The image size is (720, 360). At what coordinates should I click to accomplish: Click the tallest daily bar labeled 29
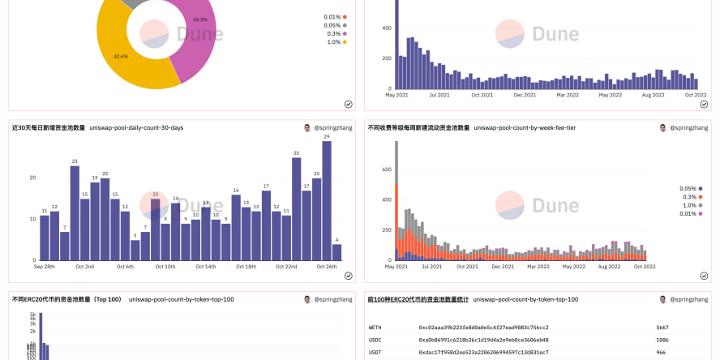tap(327, 201)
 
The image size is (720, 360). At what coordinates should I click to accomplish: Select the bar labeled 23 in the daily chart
tap(75, 212)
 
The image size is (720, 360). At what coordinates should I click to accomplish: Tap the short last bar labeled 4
tap(336, 251)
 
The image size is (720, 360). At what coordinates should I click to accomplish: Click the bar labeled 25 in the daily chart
tap(297, 208)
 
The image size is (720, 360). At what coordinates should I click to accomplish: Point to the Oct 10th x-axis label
tap(165, 267)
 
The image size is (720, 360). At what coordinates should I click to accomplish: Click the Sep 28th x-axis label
tap(45, 267)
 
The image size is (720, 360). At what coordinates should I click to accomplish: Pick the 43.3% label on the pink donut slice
tap(200, 19)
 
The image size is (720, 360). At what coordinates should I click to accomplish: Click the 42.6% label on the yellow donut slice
tap(121, 56)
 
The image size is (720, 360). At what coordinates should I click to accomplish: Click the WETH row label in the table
tap(375, 328)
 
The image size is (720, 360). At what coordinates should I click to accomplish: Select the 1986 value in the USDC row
tap(662, 340)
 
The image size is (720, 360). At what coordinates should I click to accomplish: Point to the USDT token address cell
tap(483, 352)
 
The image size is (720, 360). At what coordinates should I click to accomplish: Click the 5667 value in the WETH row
tap(662, 328)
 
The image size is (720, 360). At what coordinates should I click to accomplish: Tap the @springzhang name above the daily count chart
tap(333, 128)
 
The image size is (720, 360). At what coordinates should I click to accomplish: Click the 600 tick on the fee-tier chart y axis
tap(387, 169)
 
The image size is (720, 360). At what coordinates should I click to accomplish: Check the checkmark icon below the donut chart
tap(348, 104)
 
